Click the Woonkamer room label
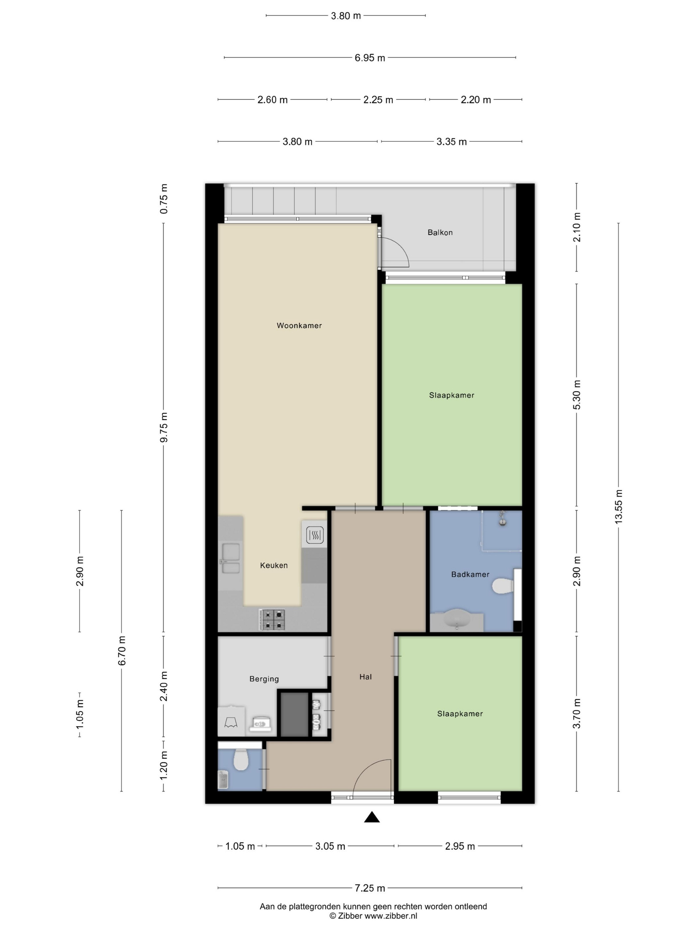(x=299, y=325)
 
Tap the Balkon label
(x=440, y=232)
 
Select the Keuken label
(x=274, y=565)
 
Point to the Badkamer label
(x=470, y=574)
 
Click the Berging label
(x=264, y=679)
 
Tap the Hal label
(x=366, y=677)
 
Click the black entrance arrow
(x=372, y=817)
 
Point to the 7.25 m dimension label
(x=370, y=888)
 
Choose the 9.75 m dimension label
(x=164, y=428)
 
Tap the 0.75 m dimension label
(x=164, y=199)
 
